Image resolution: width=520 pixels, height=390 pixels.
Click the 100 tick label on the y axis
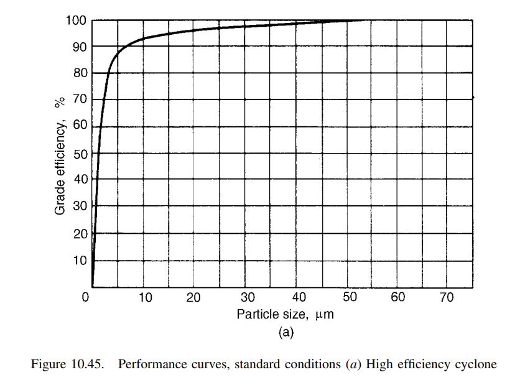point(76,21)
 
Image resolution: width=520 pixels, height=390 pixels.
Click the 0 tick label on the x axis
point(86,297)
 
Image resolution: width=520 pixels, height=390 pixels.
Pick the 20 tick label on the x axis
point(193,297)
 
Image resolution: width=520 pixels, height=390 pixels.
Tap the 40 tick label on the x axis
point(299,297)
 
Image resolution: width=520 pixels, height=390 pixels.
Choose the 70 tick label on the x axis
point(447,297)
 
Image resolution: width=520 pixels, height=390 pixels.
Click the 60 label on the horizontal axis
point(397,297)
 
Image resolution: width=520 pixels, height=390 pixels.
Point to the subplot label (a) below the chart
point(286,332)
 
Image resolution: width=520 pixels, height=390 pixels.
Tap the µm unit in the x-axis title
point(325,315)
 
